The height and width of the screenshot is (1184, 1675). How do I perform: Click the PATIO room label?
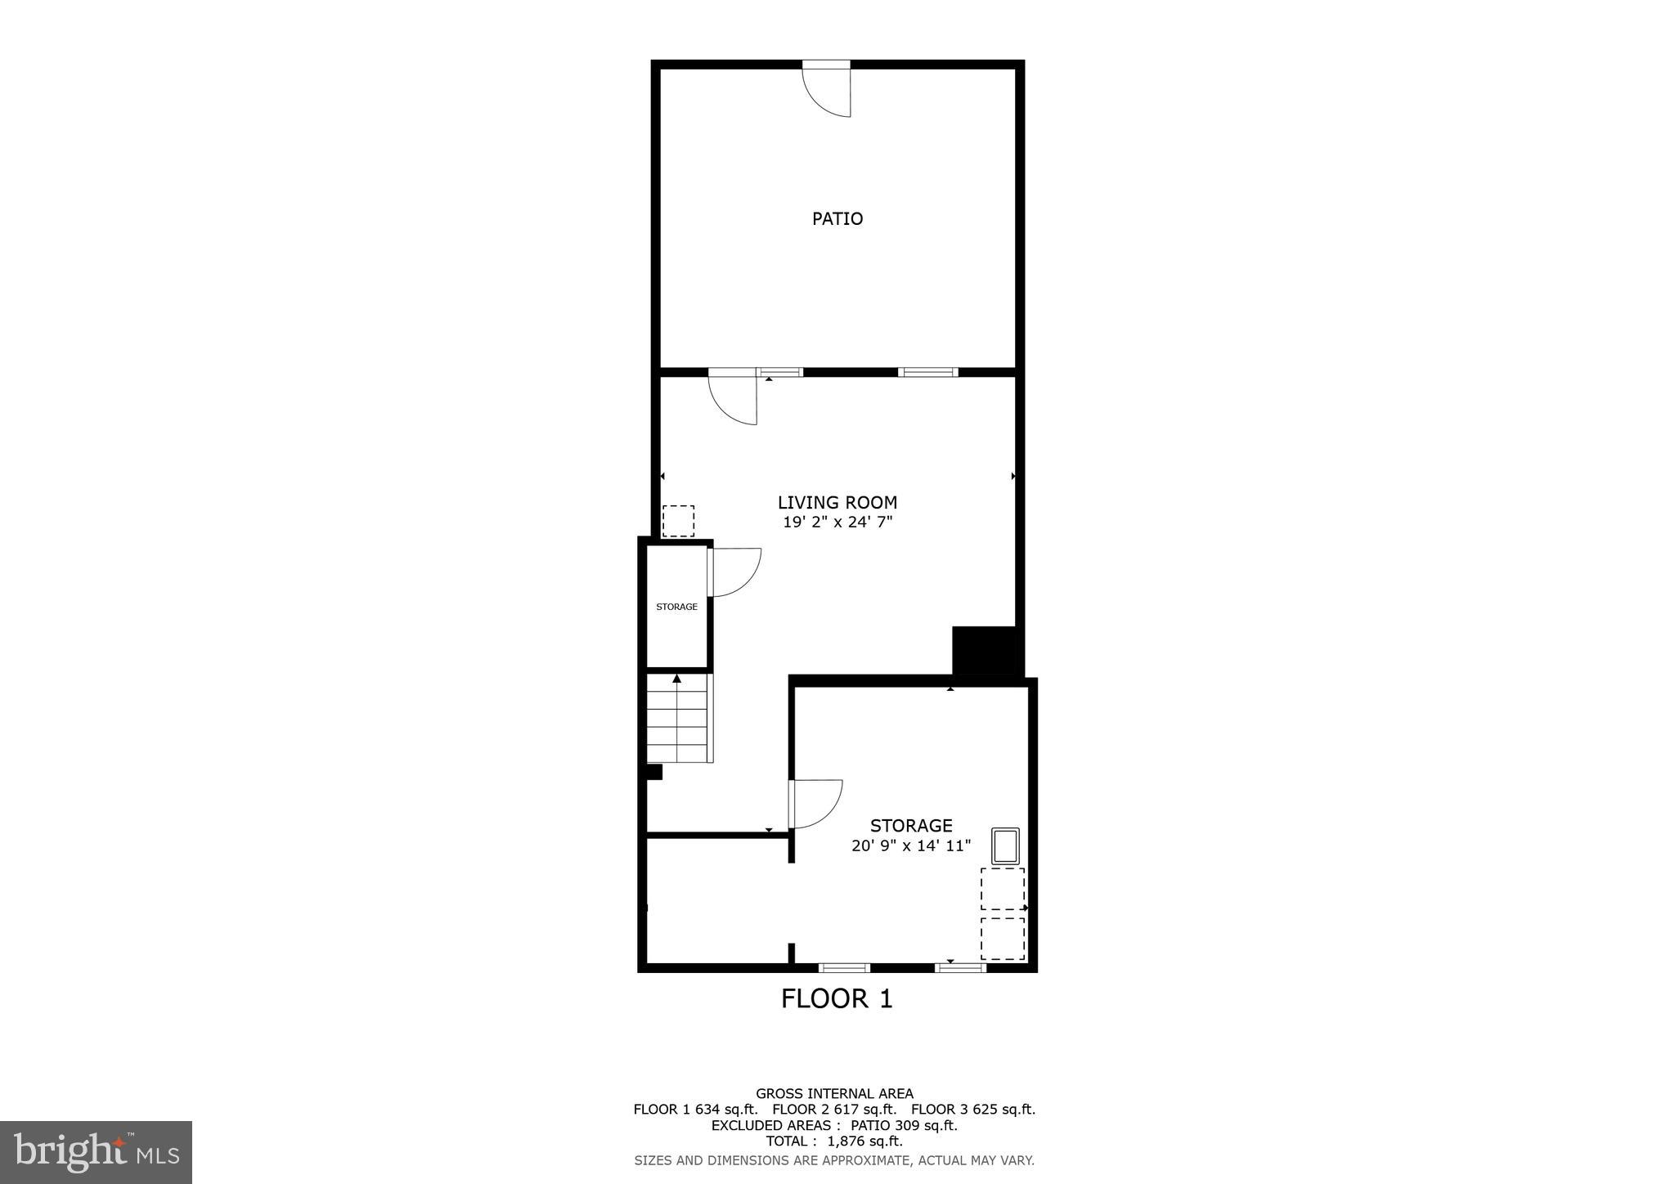(x=837, y=218)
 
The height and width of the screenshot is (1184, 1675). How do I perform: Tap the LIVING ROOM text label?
(x=837, y=502)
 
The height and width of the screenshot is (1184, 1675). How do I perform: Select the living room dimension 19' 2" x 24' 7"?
(x=837, y=522)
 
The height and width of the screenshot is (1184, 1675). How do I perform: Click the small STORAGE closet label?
(x=676, y=607)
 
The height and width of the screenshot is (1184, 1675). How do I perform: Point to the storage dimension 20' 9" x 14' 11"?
(x=910, y=845)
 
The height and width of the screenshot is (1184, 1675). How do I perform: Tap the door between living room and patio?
(x=734, y=397)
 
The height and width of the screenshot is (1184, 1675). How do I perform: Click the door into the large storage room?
(x=815, y=803)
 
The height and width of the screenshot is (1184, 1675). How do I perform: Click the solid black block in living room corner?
(x=984, y=651)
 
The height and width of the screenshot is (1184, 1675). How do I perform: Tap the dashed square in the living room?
(x=678, y=521)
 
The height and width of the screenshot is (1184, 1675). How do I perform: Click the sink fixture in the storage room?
(x=1005, y=845)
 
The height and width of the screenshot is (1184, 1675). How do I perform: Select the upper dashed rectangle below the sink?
(x=1002, y=888)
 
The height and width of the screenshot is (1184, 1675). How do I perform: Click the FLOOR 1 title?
(x=837, y=998)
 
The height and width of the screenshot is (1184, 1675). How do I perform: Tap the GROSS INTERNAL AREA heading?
(x=834, y=1093)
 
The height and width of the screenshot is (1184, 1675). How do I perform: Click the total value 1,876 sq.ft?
(x=864, y=1141)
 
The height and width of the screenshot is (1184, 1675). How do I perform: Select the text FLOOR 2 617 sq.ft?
(x=834, y=1110)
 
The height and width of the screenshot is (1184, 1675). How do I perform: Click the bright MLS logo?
(x=96, y=1153)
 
